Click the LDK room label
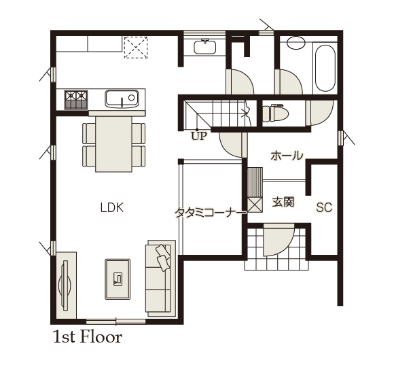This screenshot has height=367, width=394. point(112,208)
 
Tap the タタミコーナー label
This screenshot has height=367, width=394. point(211,213)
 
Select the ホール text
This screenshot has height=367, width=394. point(287,156)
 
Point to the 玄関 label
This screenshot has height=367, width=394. point(283,202)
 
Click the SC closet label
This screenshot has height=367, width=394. point(324,207)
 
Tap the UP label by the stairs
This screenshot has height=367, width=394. point(199,136)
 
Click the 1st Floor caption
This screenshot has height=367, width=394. point(88,337)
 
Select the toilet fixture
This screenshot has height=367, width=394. point(275,113)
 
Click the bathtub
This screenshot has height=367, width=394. point(325,68)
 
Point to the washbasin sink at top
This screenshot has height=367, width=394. point(205,46)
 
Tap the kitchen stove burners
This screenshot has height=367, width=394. point(76,100)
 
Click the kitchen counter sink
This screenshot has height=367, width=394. point(122,99)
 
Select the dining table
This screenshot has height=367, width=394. point(113,144)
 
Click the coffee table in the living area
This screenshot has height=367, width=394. point(118,279)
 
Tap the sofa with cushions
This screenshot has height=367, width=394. point(160,278)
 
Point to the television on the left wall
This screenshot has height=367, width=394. point(65,285)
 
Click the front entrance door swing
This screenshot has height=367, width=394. point(278,239)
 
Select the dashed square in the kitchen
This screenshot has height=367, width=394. point(136,48)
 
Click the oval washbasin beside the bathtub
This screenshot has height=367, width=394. point(296,43)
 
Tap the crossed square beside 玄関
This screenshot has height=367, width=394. point(255,205)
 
